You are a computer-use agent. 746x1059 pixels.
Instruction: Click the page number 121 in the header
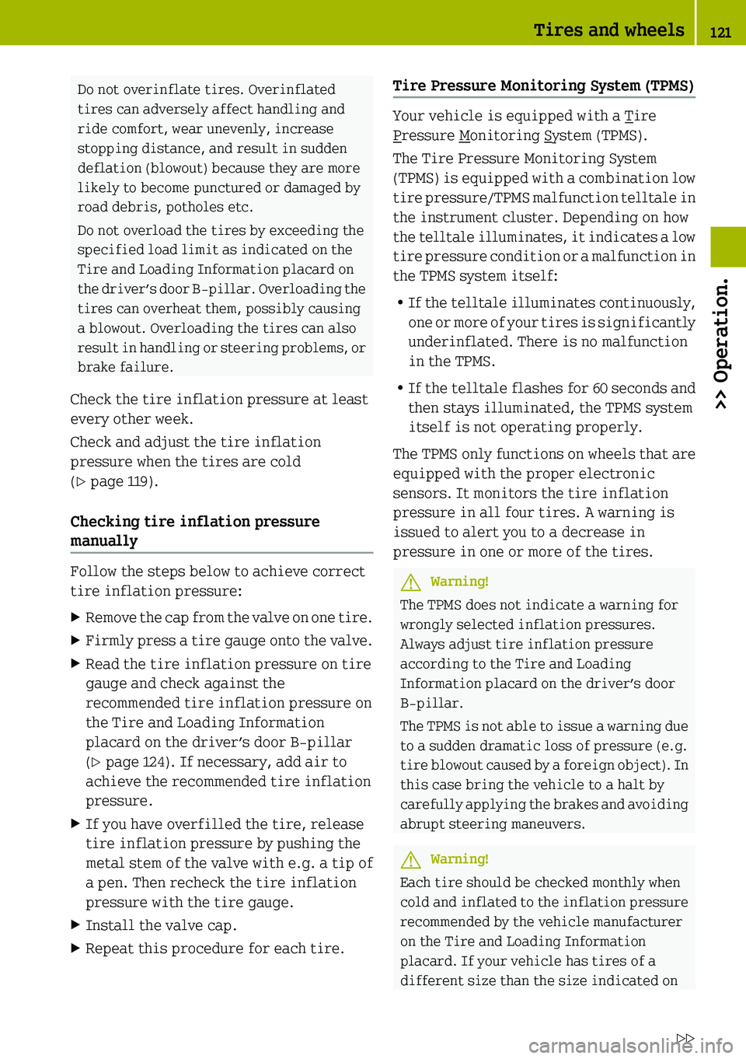(x=720, y=32)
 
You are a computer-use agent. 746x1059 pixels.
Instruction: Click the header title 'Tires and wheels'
(x=608, y=30)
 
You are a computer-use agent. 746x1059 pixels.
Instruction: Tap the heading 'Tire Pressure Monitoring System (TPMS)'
(x=543, y=86)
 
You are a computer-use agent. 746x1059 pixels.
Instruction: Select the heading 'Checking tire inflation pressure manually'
(x=194, y=531)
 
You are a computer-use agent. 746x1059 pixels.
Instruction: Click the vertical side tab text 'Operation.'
(x=721, y=343)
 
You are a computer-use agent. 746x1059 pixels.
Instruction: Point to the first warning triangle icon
(x=410, y=582)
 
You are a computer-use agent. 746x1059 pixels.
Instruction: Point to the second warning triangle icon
(x=410, y=859)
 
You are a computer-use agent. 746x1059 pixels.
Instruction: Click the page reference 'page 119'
(x=120, y=481)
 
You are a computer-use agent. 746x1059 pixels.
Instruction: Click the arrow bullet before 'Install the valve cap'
(x=75, y=925)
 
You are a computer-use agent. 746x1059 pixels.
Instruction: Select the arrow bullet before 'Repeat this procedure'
(x=75, y=949)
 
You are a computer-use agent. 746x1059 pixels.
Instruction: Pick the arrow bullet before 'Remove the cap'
(x=75, y=617)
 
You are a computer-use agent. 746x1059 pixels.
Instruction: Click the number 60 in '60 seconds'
(x=600, y=388)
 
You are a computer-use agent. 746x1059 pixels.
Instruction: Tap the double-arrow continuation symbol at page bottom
(x=685, y=1039)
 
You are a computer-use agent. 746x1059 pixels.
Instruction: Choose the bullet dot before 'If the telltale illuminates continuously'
(x=399, y=302)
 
